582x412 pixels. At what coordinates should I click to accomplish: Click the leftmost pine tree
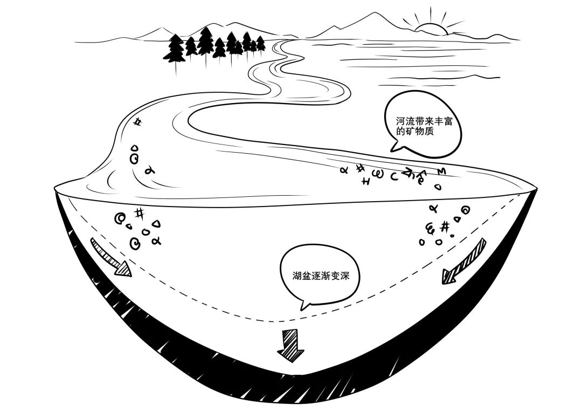point(174,49)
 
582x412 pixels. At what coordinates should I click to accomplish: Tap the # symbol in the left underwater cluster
point(139,213)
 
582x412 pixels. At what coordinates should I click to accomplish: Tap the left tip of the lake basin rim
point(56,188)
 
